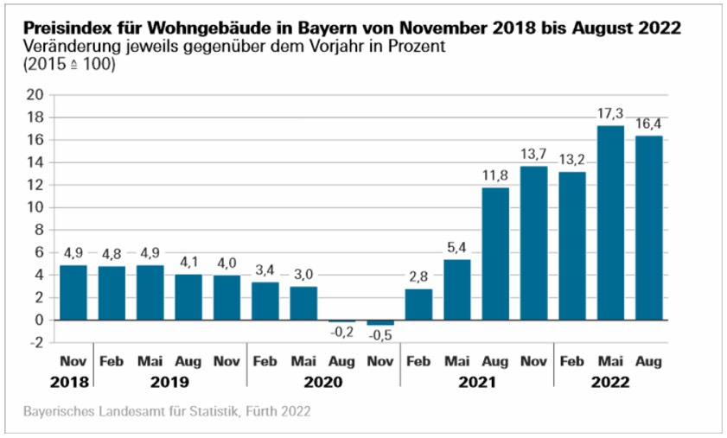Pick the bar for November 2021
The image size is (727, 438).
click(x=533, y=243)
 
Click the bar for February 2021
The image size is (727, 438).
click(x=418, y=304)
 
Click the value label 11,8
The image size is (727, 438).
click(x=495, y=176)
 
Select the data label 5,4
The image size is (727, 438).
click(x=456, y=249)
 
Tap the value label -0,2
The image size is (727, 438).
click(x=341, y=333)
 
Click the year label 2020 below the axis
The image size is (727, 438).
click(x=322, y=381)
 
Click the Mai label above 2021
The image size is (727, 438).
click(x=456, y=362)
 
